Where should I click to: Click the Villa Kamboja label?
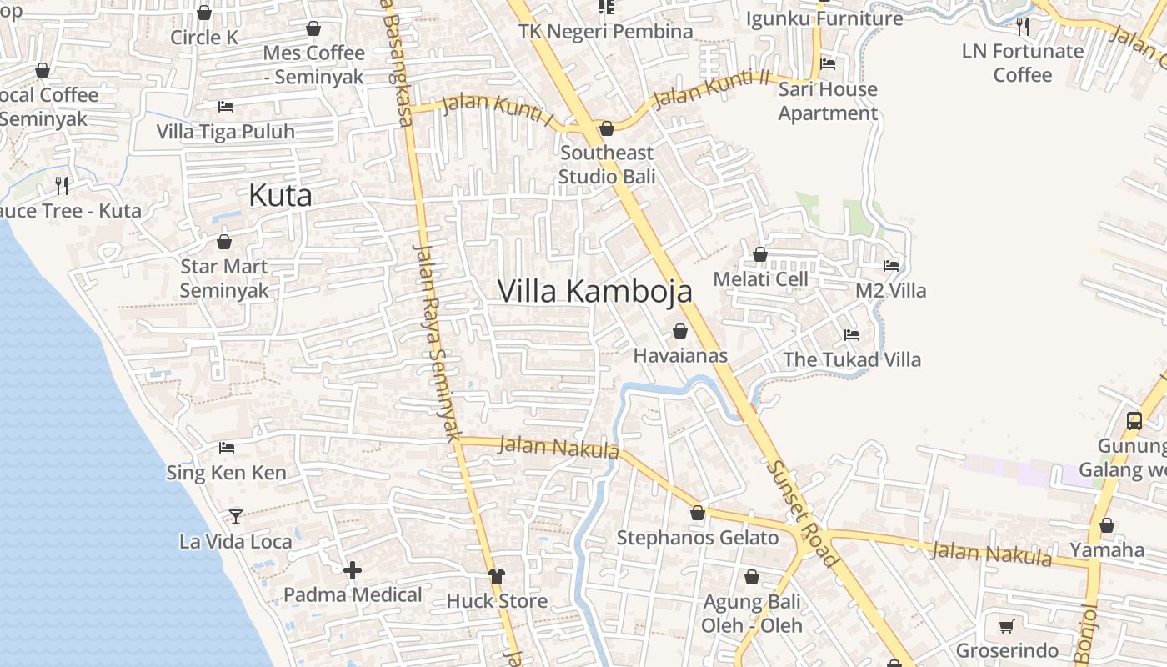click(x=594, y=291)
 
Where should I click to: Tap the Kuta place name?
click(x=280, y=196)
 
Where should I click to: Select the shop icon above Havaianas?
click(x=680, y=331)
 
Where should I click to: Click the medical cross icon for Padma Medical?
click(x=353, y=570)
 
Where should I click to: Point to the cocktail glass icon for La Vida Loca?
click(x=236, y=517)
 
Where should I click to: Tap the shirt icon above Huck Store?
click(x=497, y=576)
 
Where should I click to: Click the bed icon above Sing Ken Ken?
click(x=226, y=448)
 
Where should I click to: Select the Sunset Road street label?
click(x=804, y=514)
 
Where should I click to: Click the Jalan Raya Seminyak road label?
click(x=438, y=342)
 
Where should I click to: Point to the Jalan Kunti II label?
click(x=711, y=88)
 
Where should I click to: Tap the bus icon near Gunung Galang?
click(x=1134, y=420)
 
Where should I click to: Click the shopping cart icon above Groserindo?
click(x=1007, y=626)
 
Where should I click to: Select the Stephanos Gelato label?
click(x=698, y=538)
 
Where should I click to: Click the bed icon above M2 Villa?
click(x=891, y=266)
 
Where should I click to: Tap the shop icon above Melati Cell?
click(x=760, y=254)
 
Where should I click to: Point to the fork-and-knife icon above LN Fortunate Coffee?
click(x=1023, y=27)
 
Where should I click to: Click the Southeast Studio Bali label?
click(x=607, y=164)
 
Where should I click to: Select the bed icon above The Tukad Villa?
click(x=852, y=335)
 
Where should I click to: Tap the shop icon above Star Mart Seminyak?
click(x=224, y=243)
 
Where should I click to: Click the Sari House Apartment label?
click(x=828, y=101)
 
